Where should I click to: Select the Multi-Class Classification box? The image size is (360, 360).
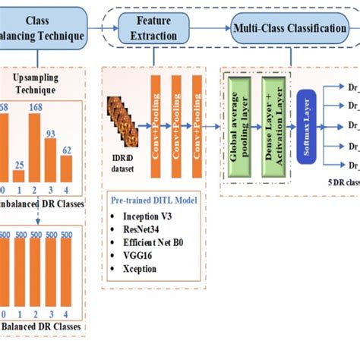coord(286,28)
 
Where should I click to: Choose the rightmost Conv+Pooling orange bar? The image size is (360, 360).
coord(201,125)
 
